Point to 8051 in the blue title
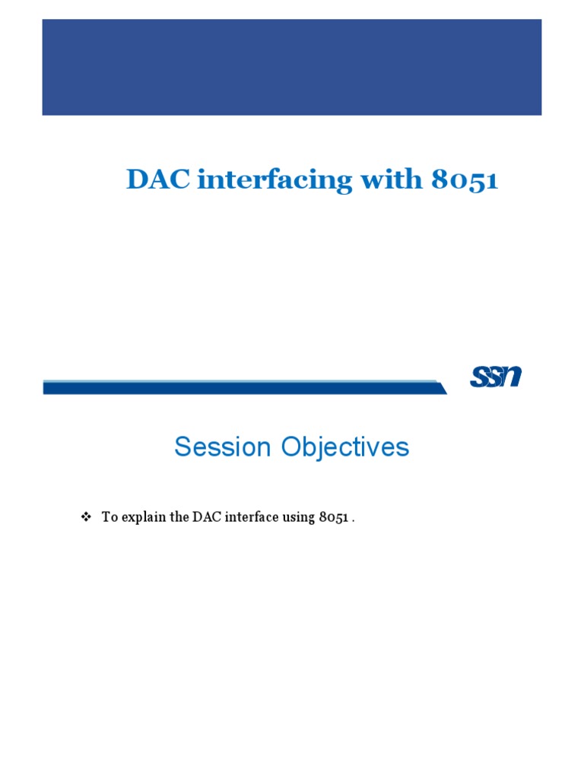click(465, 180)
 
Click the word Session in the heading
click(223, 447)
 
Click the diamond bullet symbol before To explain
click(86, 517)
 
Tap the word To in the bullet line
click(109, 517)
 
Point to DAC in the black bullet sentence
click(205, 517)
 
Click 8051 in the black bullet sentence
click(334, 517)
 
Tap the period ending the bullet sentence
click(354, 520)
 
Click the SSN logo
click(496, 377)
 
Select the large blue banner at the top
click(292, 67)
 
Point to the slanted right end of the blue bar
click(441, 388)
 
